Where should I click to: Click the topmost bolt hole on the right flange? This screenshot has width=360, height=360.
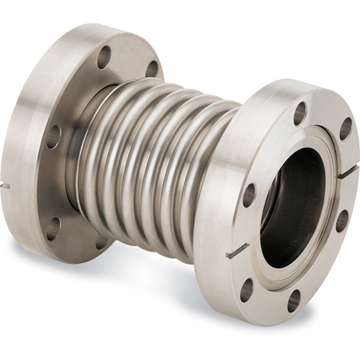(300, 113)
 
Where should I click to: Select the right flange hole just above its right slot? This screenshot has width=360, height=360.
(346, 128)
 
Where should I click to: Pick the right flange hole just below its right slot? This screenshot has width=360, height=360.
(341, 220)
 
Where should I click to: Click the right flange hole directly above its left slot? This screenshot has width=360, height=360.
(249, 195)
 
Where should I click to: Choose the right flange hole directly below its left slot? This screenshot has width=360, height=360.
(247, 290)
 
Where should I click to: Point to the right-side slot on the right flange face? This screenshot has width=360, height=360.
(347, 172)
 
